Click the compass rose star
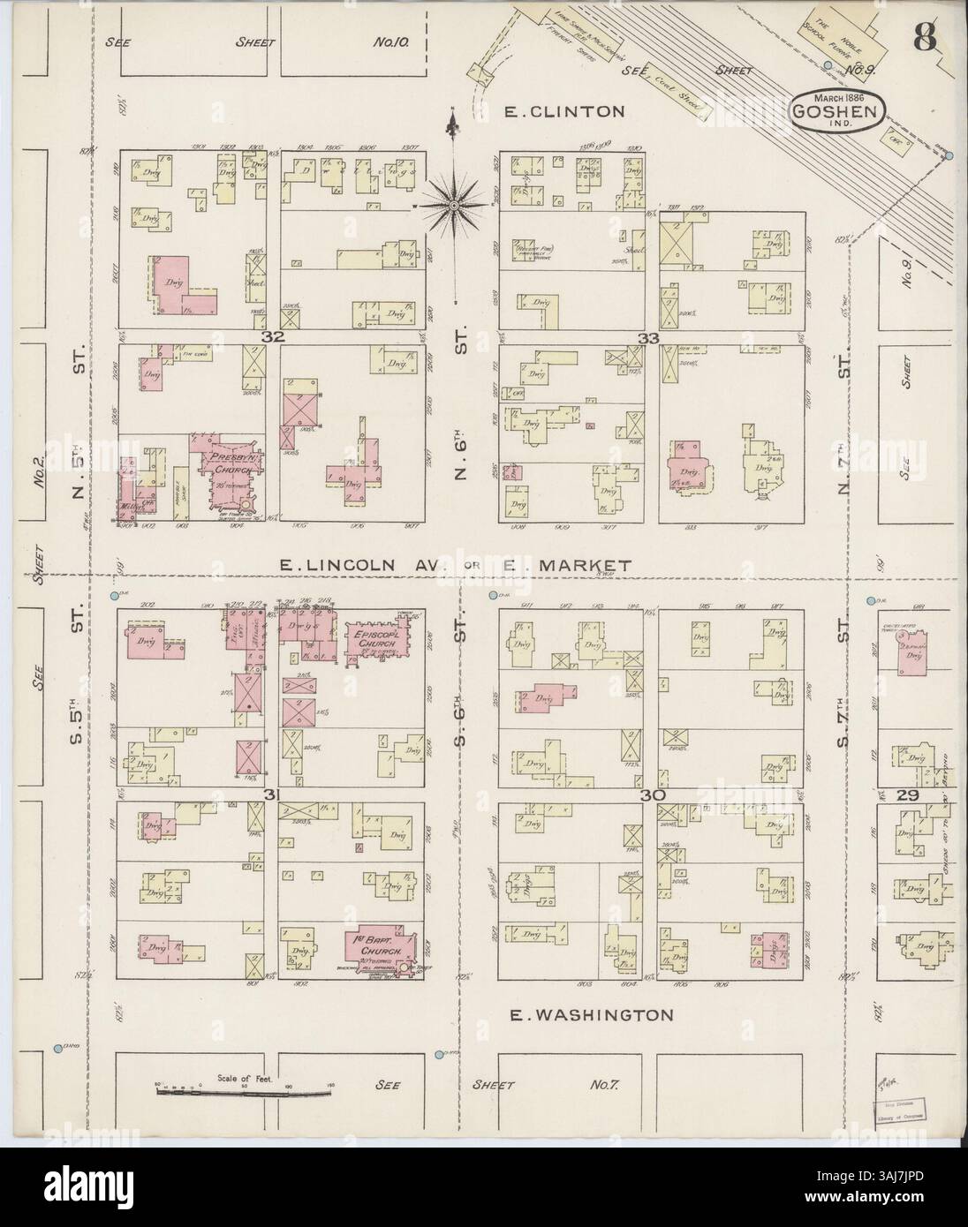pos(453,206)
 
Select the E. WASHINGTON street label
pos(591,1015)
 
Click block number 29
pos(911,795)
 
